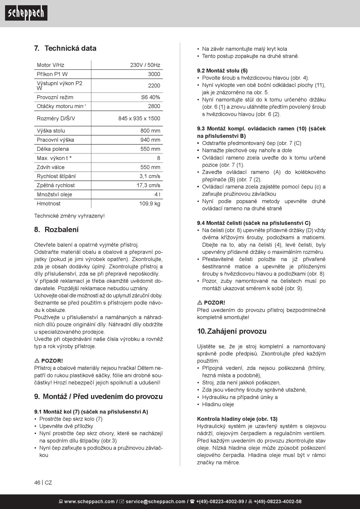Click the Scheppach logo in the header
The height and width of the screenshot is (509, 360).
(26, 13)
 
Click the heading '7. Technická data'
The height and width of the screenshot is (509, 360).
(65, 48)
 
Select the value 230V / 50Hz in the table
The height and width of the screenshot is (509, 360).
(145, 65)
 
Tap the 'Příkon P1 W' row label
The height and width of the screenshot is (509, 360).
(52, 74)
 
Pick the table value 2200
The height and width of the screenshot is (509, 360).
(154, 86)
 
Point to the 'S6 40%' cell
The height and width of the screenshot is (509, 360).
(150, 97)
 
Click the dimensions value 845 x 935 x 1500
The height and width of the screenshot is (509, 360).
(139, 119)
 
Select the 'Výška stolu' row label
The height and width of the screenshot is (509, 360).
(51, 131)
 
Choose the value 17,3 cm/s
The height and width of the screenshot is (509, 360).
(148, 185)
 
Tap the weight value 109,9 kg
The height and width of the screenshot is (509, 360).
(150, 204)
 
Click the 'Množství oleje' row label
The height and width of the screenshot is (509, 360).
(54, 194)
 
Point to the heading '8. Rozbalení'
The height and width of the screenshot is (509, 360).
(56, 230)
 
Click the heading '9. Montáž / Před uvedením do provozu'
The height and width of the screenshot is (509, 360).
(99, 397)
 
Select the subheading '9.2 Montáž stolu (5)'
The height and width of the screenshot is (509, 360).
(222, 70)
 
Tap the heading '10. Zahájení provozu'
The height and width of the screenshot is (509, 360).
(232, 331)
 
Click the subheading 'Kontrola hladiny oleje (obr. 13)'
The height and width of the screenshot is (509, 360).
(237, 419)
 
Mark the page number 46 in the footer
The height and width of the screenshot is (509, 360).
(37, 483)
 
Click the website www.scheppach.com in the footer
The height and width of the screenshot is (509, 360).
(89, 502)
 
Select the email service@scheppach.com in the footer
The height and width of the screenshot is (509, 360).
(155, 502)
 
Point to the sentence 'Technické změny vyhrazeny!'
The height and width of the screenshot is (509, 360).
(69, 216)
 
